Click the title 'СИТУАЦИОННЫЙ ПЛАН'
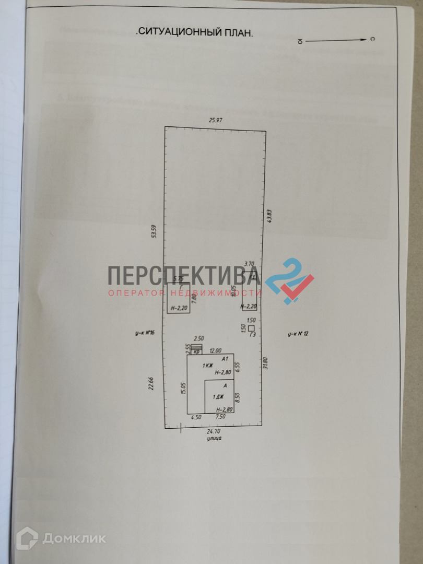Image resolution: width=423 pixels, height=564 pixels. [x=194, y=32]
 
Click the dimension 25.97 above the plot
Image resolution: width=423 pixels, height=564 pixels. [x=216, y=121]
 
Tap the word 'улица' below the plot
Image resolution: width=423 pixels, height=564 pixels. [x=215, y=440]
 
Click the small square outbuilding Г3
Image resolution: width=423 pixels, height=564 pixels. [x=252, y=327]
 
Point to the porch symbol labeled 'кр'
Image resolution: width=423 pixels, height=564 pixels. [x=196, y=349]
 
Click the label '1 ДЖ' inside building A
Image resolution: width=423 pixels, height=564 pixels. [x=218, y=397]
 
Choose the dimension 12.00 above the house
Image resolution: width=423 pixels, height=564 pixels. [x=215, y=350]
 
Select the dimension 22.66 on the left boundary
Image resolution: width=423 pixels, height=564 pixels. [x=151, y=383]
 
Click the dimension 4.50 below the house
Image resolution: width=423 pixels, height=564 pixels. [x=196, y=417]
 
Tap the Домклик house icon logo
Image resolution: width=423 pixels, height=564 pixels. [x=27, y=538]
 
